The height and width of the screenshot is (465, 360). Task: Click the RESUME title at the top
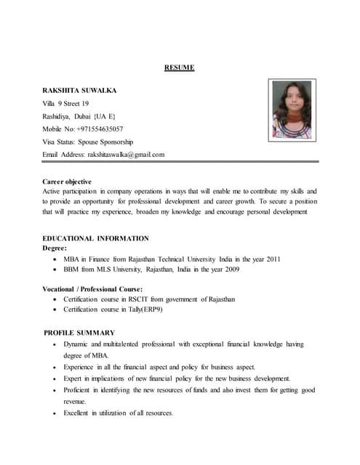179,68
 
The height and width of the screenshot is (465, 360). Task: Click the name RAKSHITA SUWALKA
80,91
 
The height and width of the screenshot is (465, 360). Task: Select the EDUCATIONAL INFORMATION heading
96,238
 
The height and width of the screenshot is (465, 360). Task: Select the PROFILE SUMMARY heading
80,332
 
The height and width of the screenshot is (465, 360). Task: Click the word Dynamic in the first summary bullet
77,344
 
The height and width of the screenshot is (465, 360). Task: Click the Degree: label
55,248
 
